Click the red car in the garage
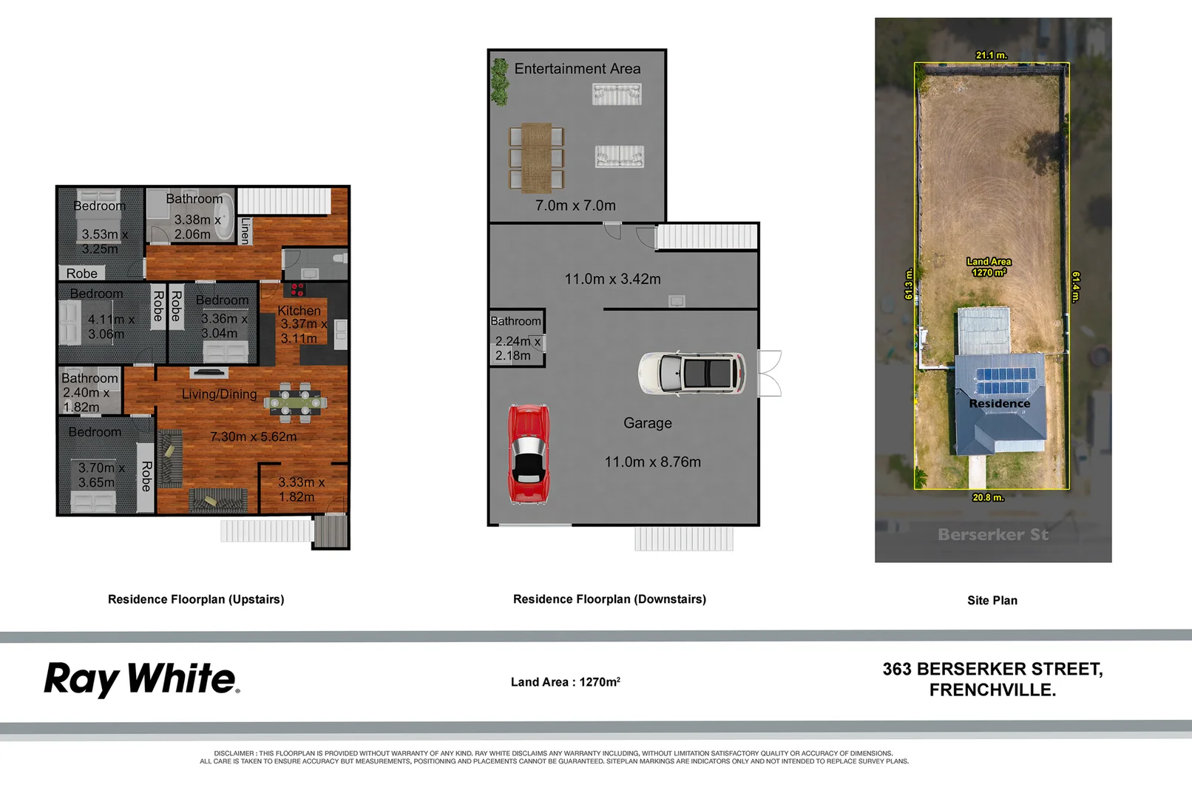pyautogui.click(x=528, y=454)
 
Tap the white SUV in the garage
pyautogui.click(x=692, y=373)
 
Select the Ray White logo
pyautogui.click(x=142, y=679)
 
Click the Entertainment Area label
pyautogui.click(x=578, y=69)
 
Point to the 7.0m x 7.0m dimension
pyautogui.click(x=575, y=206)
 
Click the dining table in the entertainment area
pyautogui.click(x=536, y=158)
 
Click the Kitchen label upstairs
pyautogui.click(x=299, y=311)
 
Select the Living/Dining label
pyautogui.click(x=219, y=394)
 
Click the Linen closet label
pyautogui.click(x=245, y=231)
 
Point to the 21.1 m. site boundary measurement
pyautogui.click(x=991, y=55)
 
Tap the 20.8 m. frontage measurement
pyautogui.click(x=988, y=497)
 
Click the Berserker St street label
pyautogui.click(x=992, y=534)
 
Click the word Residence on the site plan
pyautogui.click(x=999, y=404)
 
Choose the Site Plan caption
pyautogui.click(x=992, y=600)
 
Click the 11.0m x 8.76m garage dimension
pyautogui.click(x=652, y=462)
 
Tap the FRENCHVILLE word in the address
pyautogui.click(x=992, y=690)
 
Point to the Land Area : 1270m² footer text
pyautogui.click(x=565, y=681)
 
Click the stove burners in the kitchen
pyautogui.click(x=297, y=289)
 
